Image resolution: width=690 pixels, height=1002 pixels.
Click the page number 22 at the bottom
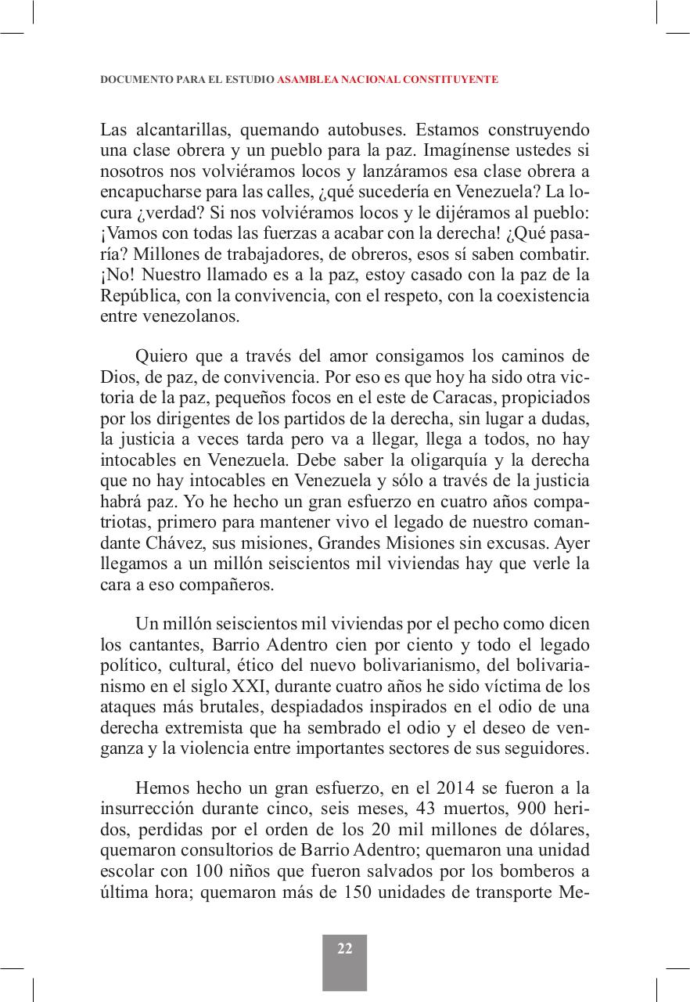345,949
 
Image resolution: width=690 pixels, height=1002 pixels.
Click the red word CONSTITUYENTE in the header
450,80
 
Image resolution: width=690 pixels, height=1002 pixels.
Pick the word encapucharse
146,193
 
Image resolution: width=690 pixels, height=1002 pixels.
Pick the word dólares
560,828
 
